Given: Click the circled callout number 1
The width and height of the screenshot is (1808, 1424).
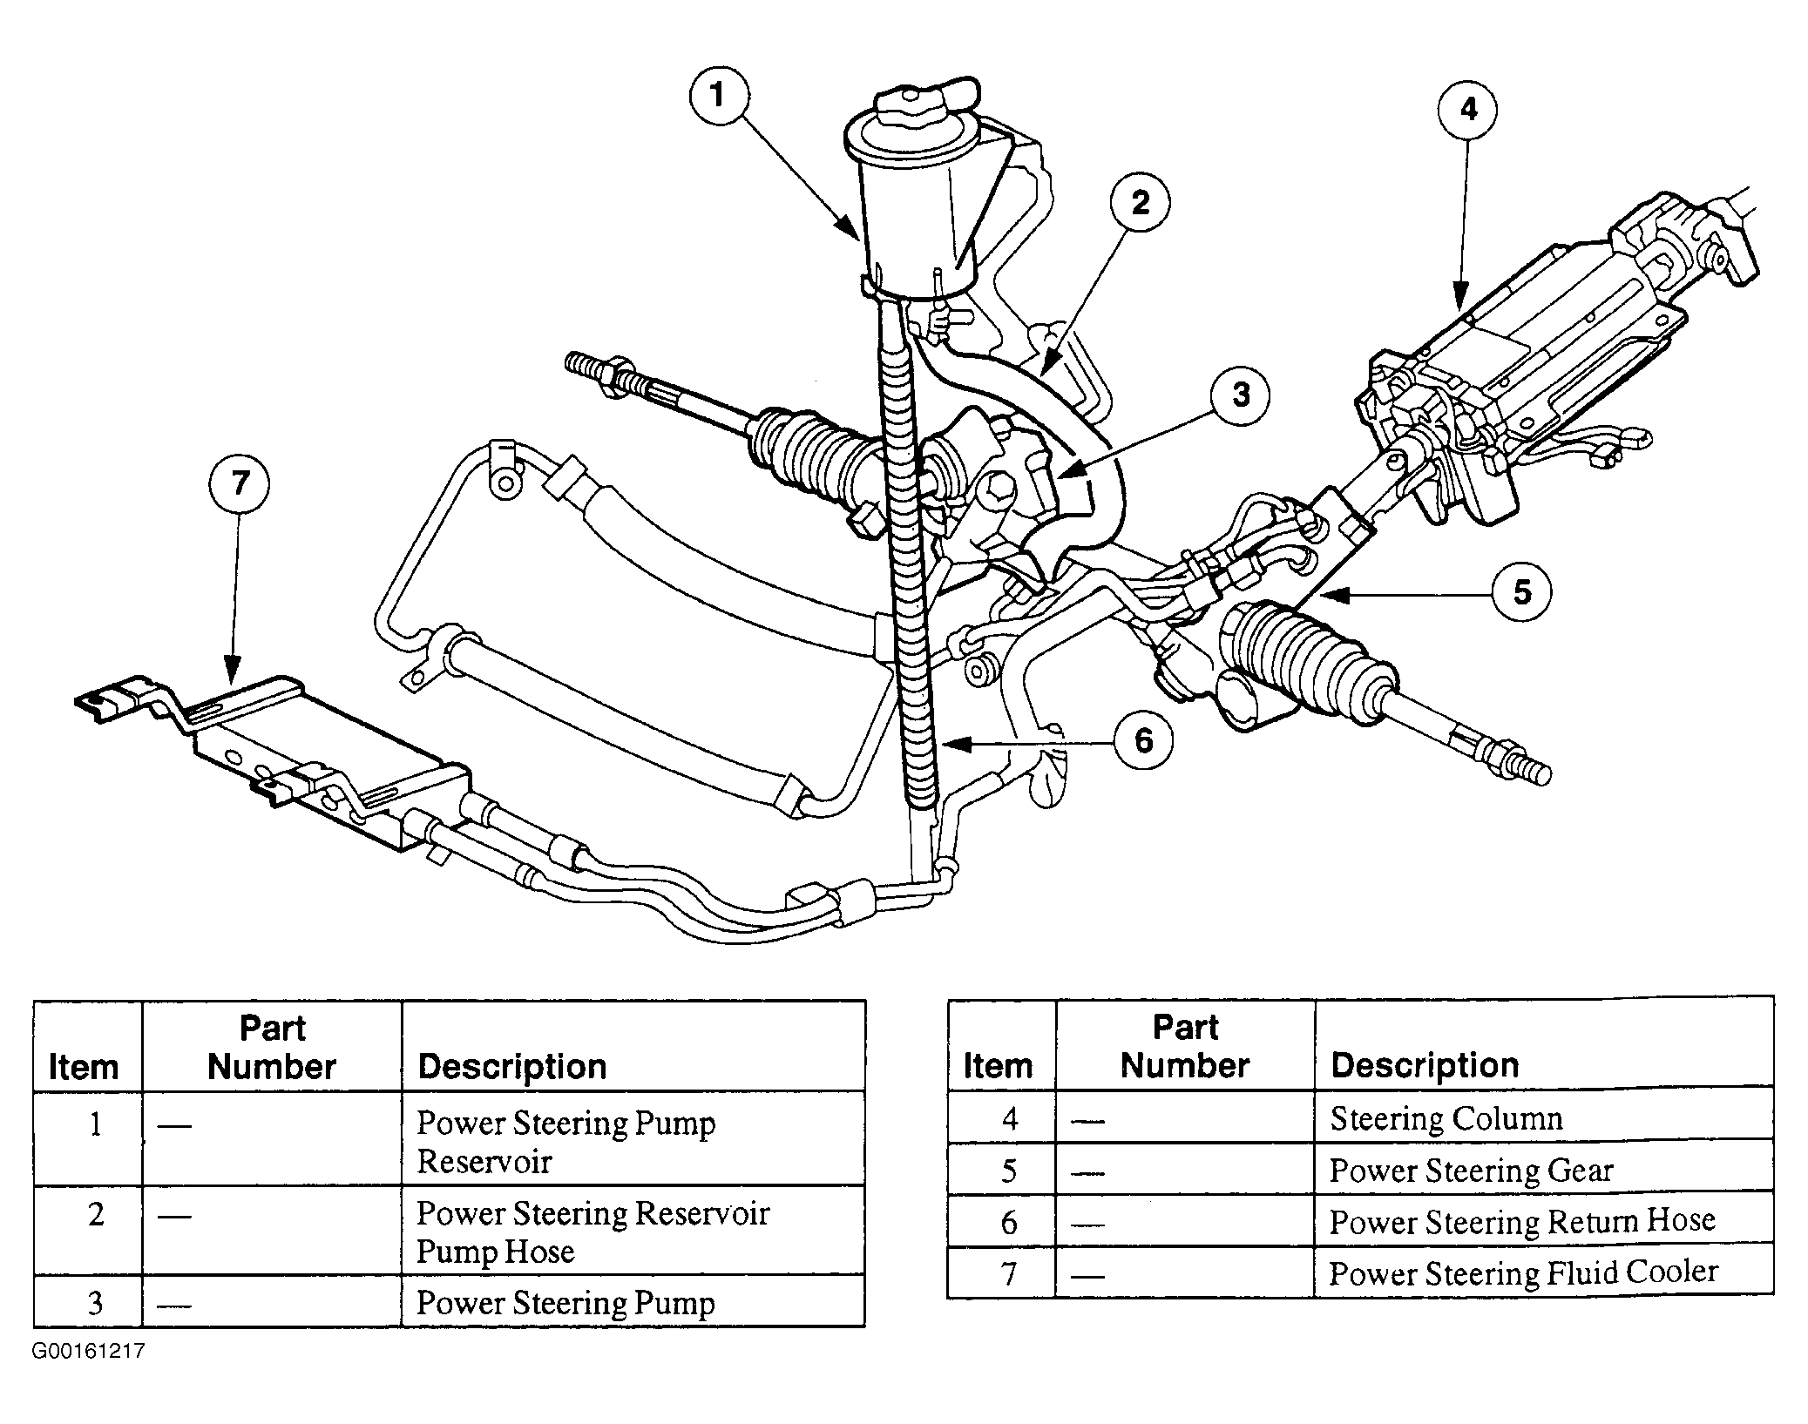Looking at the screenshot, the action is click(718, 96).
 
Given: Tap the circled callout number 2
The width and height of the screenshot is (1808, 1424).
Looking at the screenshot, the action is click(1140, 204).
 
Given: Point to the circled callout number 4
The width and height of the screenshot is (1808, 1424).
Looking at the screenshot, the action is click(1468, 111).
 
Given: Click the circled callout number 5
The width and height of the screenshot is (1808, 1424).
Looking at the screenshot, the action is click(1521, 593).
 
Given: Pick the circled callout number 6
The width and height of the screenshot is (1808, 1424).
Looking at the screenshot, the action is click(1143, 741).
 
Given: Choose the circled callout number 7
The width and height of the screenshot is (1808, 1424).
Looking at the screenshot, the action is click(240, 484).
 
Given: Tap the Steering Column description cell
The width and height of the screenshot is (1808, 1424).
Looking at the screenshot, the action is click(1543, 1117).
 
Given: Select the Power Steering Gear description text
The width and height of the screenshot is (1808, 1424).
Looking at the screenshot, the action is click(1471, 1171).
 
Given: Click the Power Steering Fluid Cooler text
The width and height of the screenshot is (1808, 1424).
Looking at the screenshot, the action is click(1523, 1273).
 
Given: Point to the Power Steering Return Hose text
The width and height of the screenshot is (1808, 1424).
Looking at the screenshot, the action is click(1522, 1221).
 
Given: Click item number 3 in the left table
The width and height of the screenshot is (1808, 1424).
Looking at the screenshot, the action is click(95, 1303).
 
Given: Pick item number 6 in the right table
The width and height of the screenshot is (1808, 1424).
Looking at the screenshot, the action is click(1009, 1223).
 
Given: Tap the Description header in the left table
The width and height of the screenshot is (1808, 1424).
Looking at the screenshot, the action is click(512, 1067).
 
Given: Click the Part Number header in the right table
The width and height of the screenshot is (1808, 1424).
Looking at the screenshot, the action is click(1185, 1046).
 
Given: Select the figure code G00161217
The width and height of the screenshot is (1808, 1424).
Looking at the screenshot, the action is click(88, 1352).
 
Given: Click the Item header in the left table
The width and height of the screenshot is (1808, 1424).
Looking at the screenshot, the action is click(84, 1067).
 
